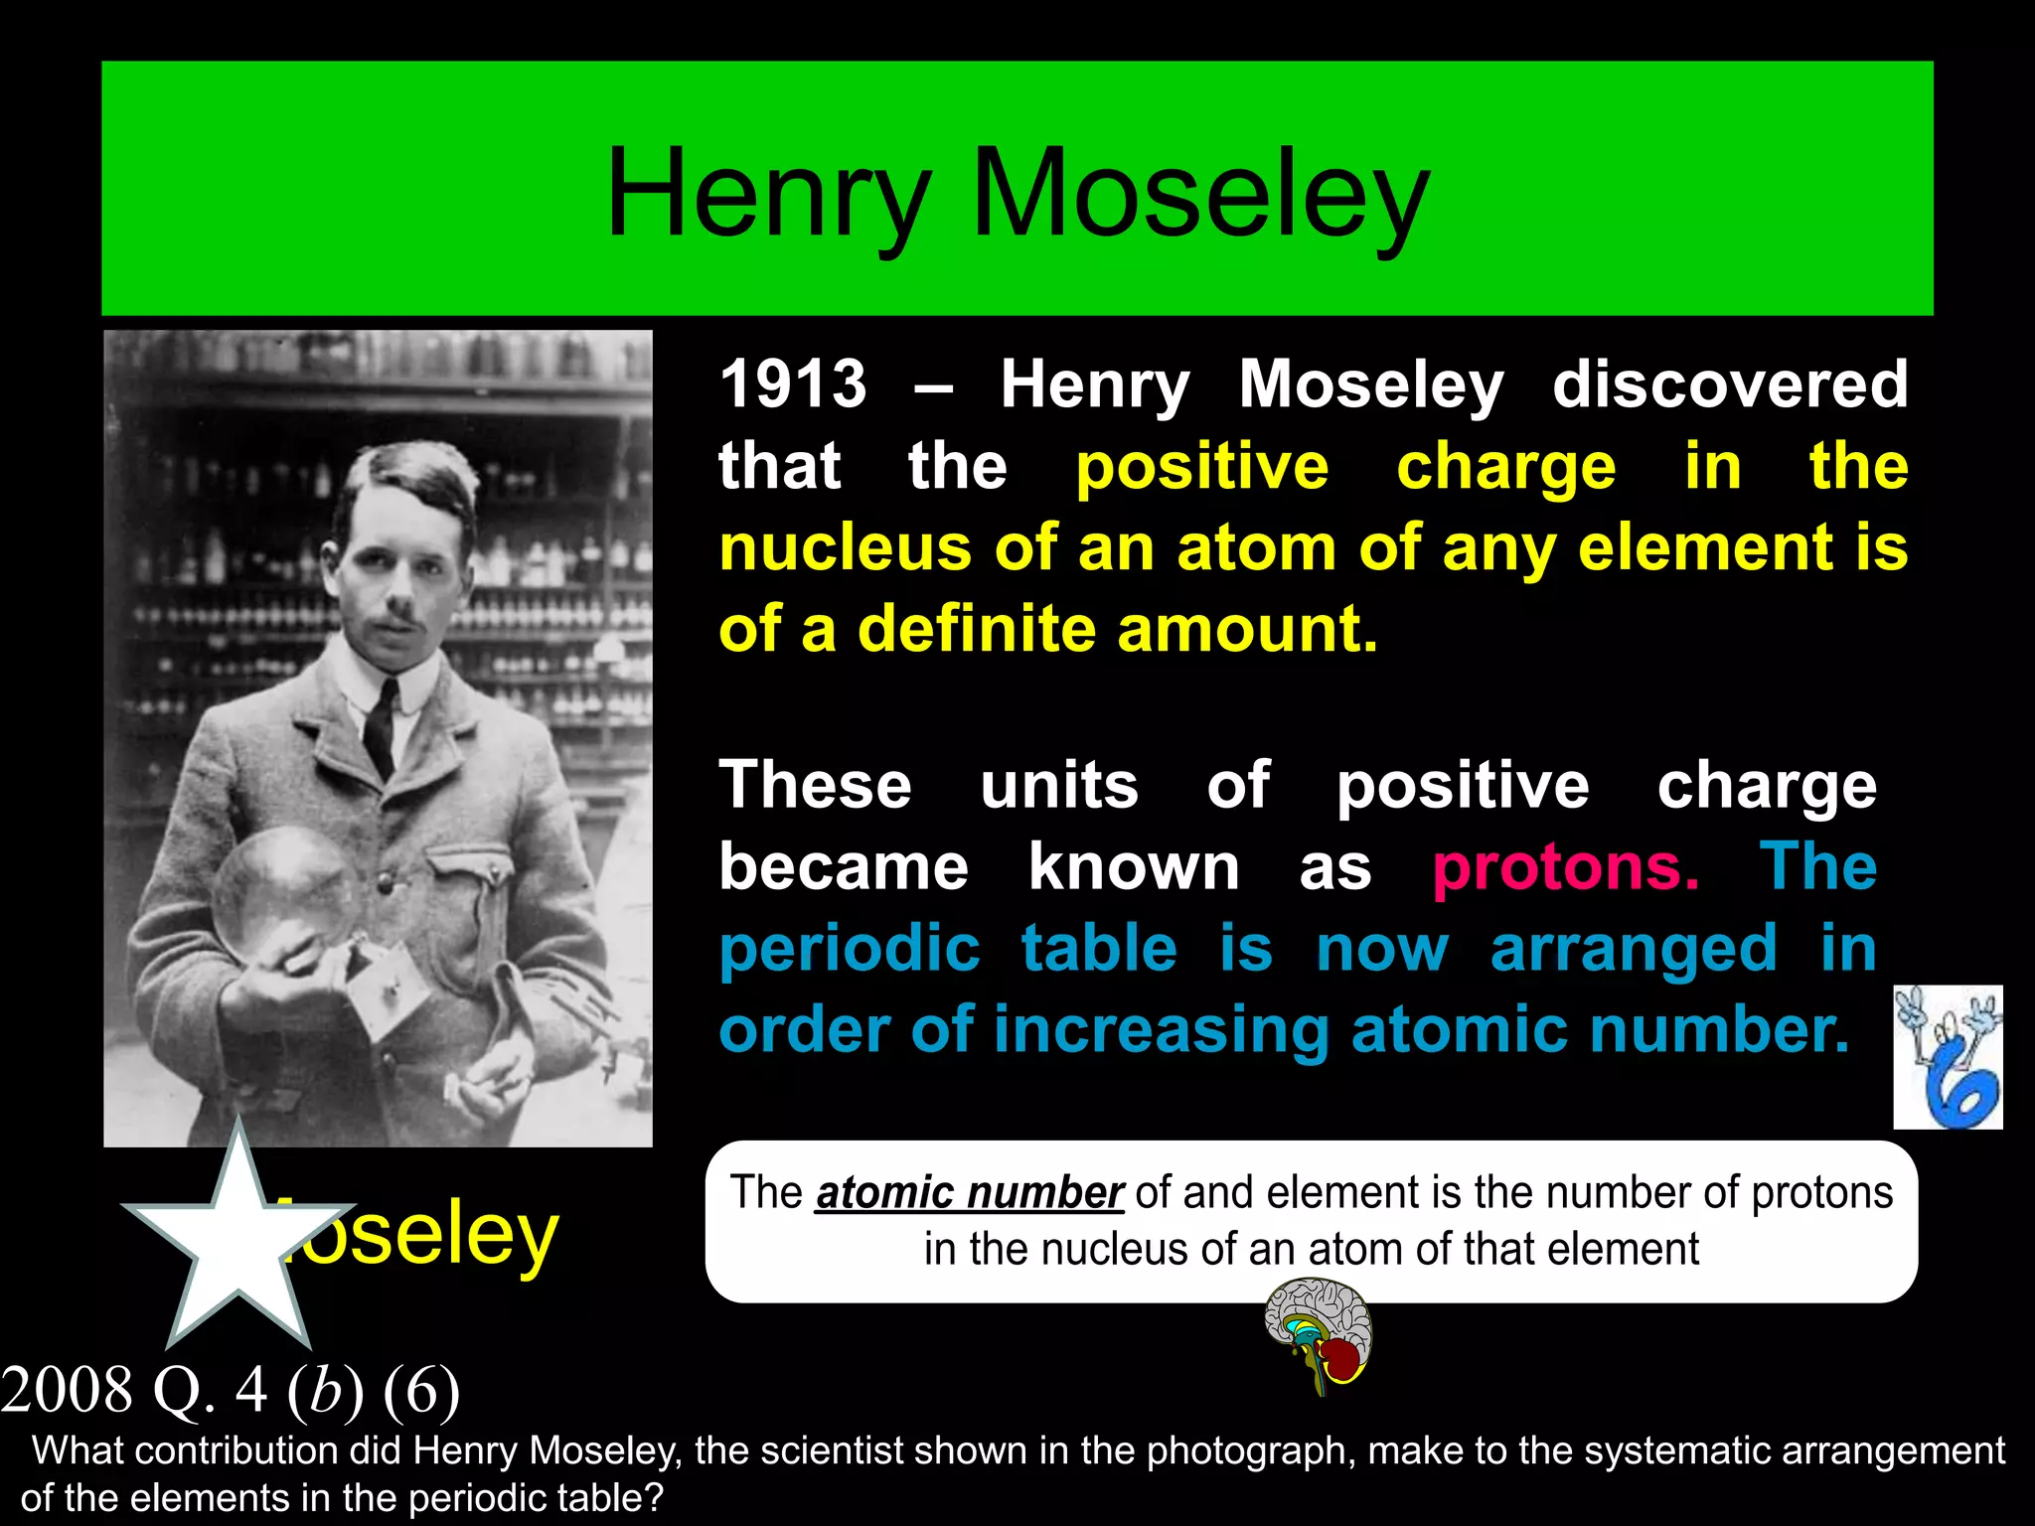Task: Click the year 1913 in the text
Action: tap(793, 384)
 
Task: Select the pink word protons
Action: tap(1565, 867)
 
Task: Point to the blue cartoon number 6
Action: tap(1949, 1058)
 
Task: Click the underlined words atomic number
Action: tap(969, 1192)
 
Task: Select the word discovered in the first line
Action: tap(1730, 384)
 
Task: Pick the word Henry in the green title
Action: tap(768, 193)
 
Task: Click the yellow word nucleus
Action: tap(845, 548)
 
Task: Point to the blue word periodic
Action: tap(850, 949)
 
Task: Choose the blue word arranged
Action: tap(1634, 949)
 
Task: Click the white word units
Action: tap(1059, 786)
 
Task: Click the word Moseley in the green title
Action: tap(1200, 193)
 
